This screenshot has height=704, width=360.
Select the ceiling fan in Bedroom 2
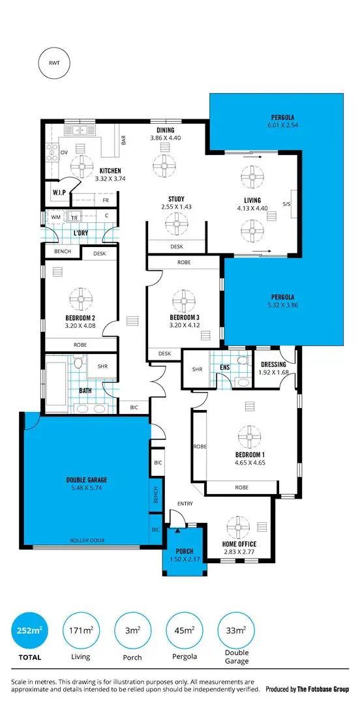coord(82,300)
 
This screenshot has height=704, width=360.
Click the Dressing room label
coord(274,365)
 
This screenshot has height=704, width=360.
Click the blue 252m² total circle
coord(29,630)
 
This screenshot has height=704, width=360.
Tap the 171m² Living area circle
coord(81,630)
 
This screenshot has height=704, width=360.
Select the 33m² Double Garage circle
coord(236,630)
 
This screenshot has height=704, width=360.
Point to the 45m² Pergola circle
coord(185,630)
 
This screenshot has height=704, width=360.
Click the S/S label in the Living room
coord(286,204)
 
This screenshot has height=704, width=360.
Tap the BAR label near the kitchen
coord(123,139)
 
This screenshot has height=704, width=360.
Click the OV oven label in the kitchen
coord(64,153)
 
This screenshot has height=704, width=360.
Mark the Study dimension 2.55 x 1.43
coord(176,207)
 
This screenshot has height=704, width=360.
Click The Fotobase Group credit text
coord(323,688)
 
